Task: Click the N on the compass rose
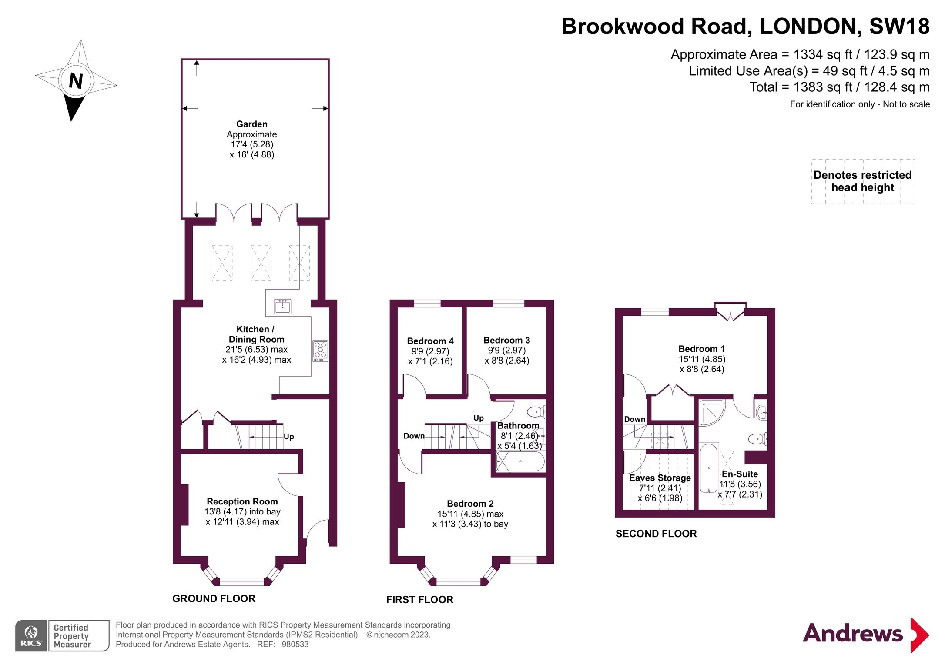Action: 76,81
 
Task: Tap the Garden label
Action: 251,124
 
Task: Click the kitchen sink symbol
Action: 282,306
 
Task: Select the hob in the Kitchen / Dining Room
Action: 320,351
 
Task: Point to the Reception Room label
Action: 242,501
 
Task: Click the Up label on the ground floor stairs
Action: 288,437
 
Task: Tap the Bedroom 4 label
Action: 430,341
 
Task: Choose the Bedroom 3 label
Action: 506,340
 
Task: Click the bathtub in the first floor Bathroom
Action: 520,461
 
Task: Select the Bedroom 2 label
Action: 470,504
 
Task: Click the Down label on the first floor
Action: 413,436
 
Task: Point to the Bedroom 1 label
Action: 701,349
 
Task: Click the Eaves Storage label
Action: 660,478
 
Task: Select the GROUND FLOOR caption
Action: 214,598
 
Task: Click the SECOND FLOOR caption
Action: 656,534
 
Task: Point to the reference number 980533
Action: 295,645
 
